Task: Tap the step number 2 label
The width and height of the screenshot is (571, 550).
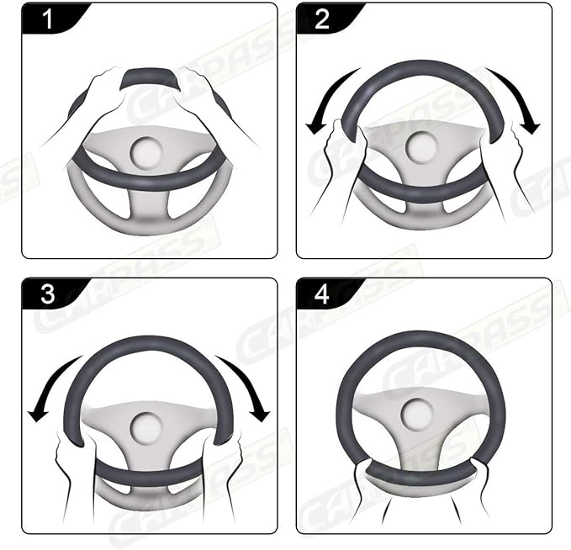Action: coord(323,19)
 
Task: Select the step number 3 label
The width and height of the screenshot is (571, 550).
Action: coord(48,294)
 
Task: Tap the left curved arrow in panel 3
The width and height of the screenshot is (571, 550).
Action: coord(50,387)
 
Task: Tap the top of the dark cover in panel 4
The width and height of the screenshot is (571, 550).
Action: coord(420,338)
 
